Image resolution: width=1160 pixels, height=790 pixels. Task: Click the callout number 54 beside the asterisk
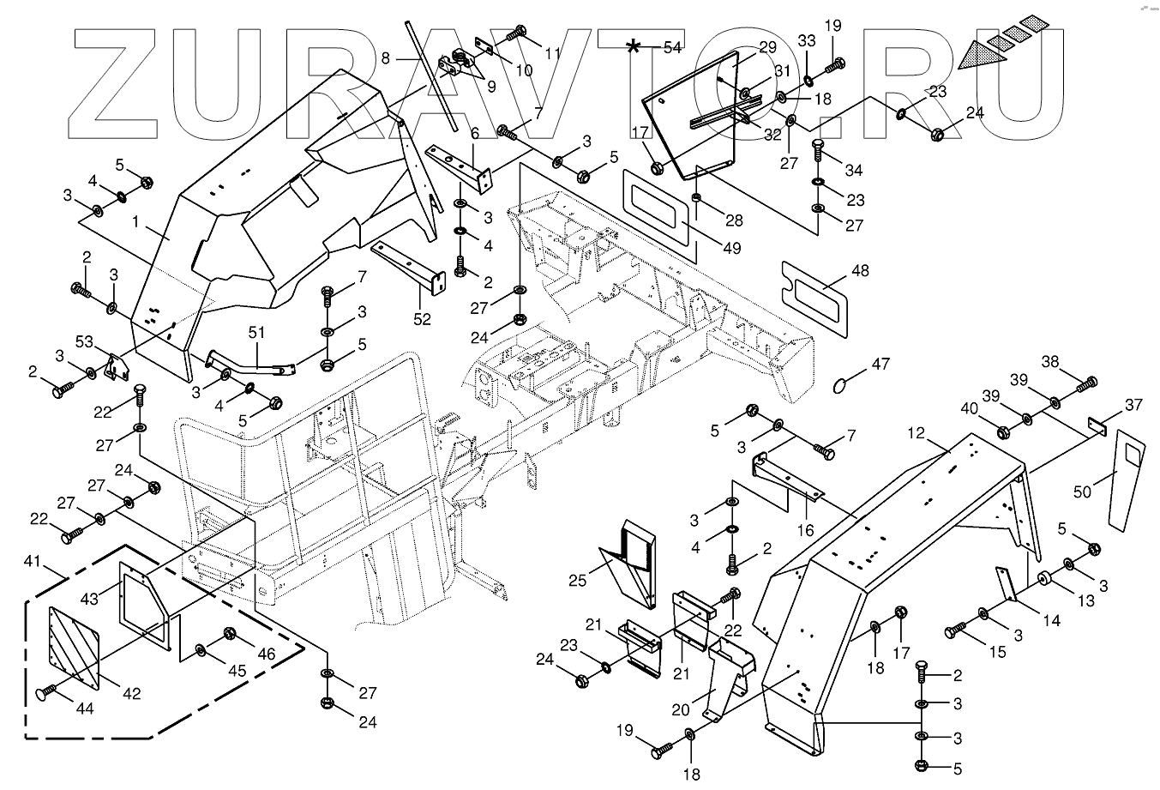click(x=672, y=48)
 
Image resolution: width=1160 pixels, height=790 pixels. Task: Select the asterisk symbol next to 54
click(x=634, y=46)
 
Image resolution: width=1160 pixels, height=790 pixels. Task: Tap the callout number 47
click(x=881, y=364)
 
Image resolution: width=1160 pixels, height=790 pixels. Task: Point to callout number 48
click(x=860, y=271)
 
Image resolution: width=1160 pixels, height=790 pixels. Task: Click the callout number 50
click(x=1084, y=491)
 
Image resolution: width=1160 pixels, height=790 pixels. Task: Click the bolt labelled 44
click(x=47, y=690)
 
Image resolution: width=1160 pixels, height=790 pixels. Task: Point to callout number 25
click(x=578, y=581)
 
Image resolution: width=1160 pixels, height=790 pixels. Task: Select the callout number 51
click(x=256, y=332)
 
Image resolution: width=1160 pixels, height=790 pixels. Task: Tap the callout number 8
click(x=386, y=58)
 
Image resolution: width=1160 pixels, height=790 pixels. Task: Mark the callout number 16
click(x=805, y=531)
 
